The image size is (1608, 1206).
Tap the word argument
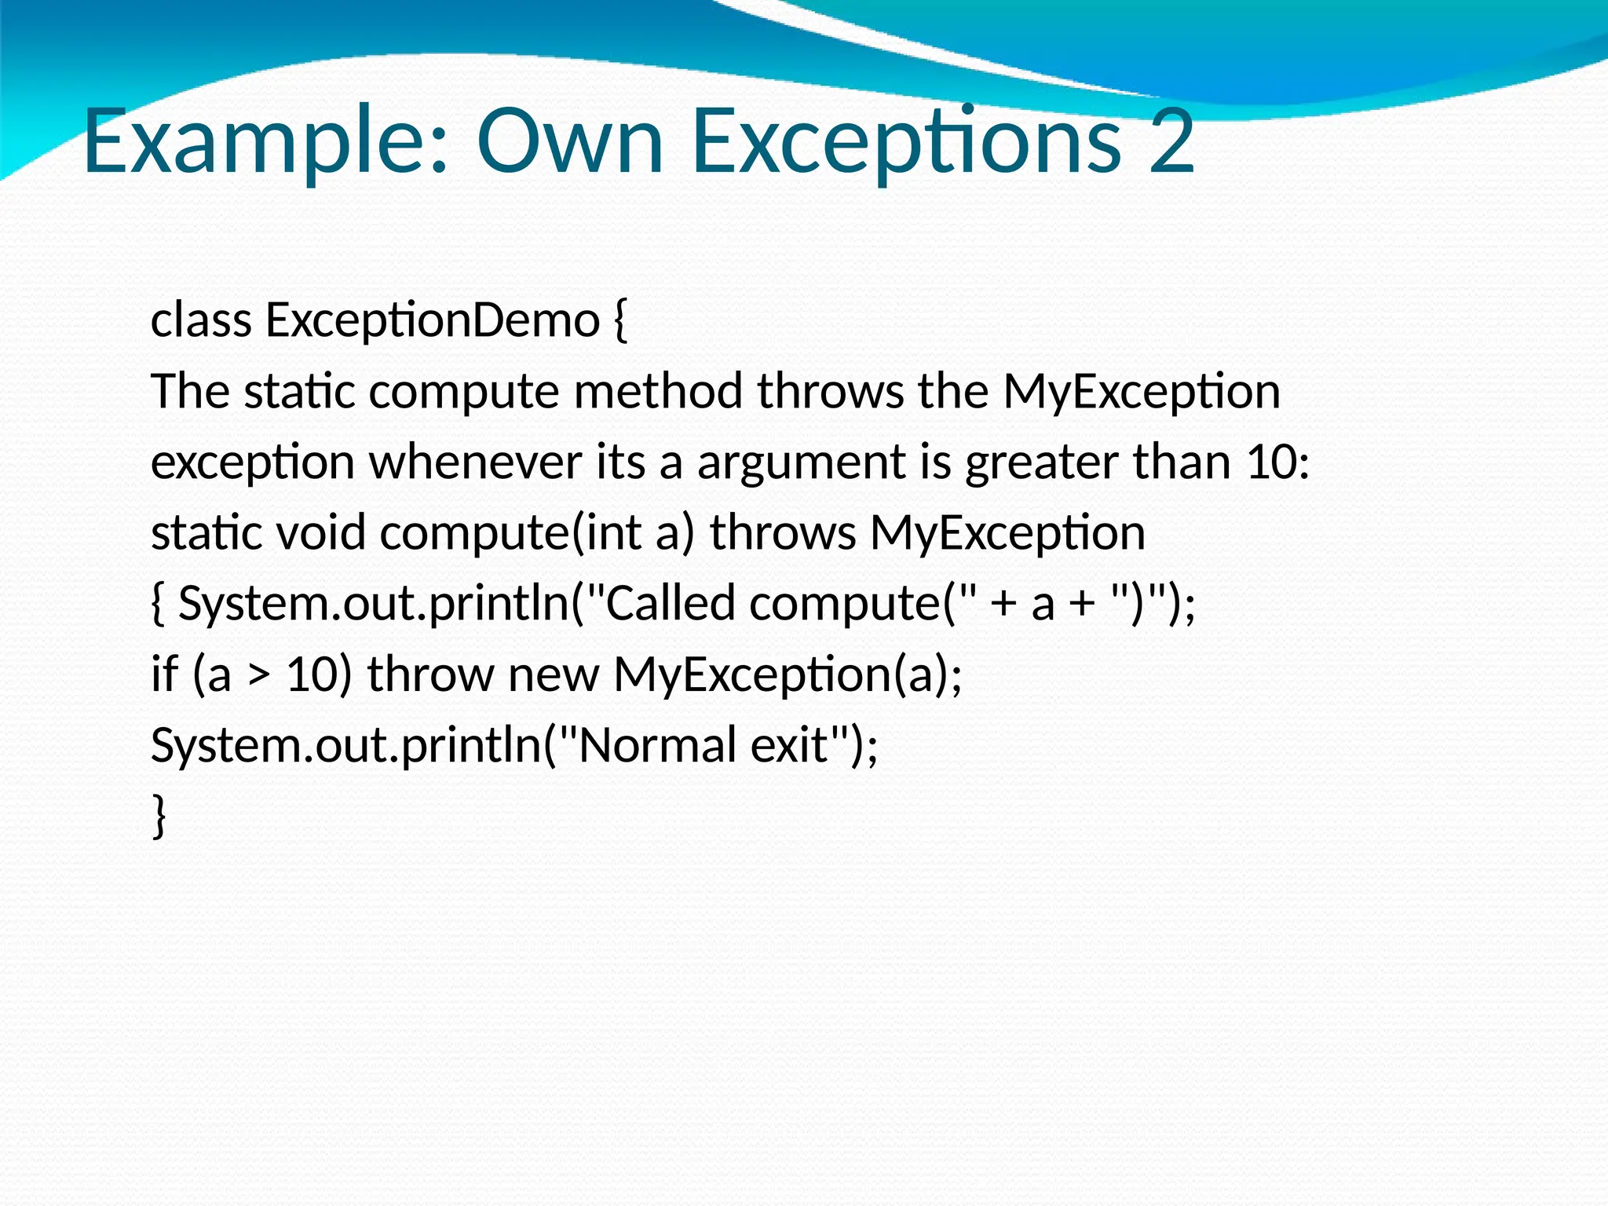(802, 463)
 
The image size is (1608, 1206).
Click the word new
(554, 675)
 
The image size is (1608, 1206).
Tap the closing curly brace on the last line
(159, 816)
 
